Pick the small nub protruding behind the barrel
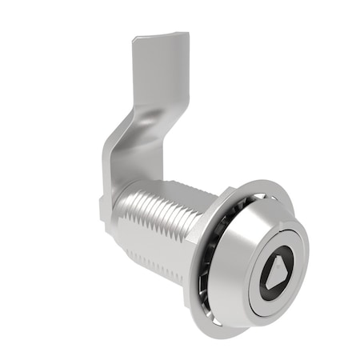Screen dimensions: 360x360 (x=105, y=213)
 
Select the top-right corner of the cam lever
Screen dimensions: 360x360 (x=188, y=34)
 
